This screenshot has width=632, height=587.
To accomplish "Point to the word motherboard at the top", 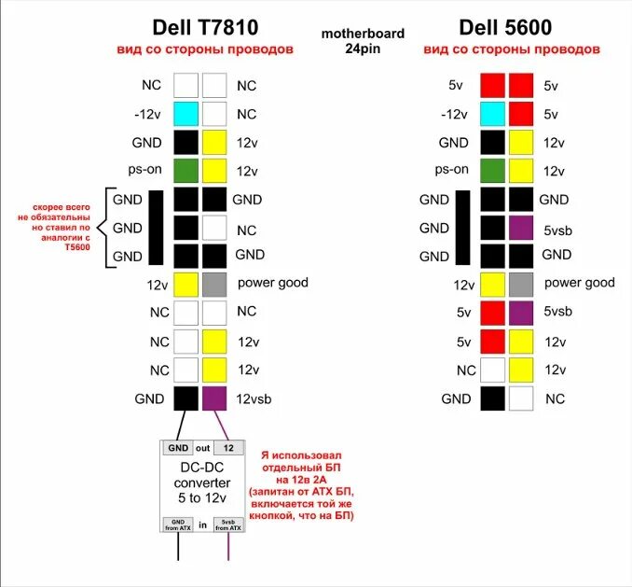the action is [x=363, y=34].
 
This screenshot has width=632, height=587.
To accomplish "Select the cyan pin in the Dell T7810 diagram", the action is [x=186, y=114].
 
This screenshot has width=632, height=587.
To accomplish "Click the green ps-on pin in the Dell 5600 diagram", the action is [x=492, y=171].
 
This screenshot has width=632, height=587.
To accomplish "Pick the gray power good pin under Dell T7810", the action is [x=214, y=284].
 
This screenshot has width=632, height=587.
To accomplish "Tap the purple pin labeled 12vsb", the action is [x=214, y=398].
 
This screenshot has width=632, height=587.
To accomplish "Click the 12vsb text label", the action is [x=256, y=399].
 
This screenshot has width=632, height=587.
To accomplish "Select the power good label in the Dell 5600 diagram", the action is [x=580, y=283].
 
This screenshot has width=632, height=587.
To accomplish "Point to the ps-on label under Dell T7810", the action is [x=145, y=171].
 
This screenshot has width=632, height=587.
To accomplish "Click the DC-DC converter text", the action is [x=202, y=482].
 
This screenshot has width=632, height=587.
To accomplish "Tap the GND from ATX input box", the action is [x=177, y=524].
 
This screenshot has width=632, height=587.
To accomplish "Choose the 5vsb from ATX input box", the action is [x=228, y=524].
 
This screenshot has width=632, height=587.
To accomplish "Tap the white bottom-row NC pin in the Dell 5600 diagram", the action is [x=521, y=398].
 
